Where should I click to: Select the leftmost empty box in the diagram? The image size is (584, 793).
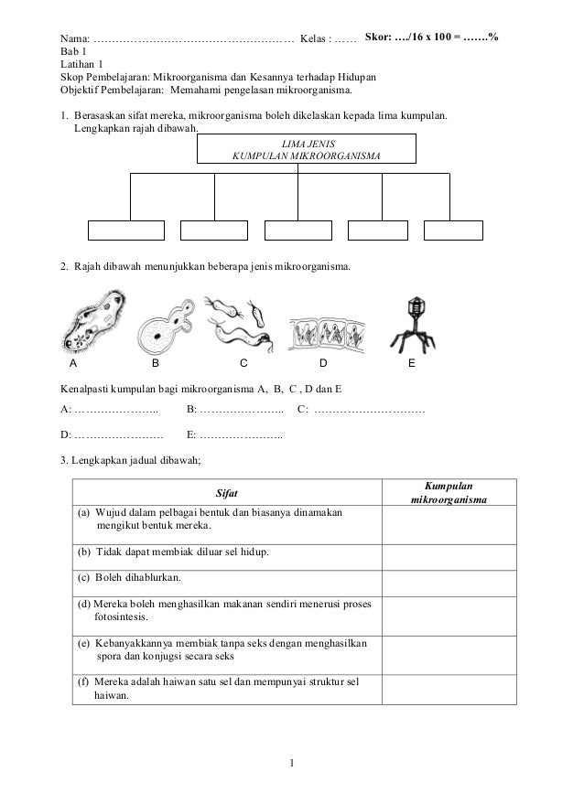click(126, 230)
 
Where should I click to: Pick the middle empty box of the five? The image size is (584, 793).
click(297, 230)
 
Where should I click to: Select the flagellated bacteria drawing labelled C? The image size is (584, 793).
click(239, 320)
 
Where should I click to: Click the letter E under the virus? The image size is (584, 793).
click(412, 363)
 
